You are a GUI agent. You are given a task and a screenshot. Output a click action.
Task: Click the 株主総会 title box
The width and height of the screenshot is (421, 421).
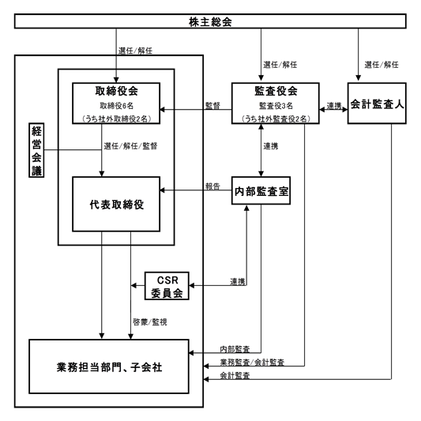pyautogui.click(x=210, y=21)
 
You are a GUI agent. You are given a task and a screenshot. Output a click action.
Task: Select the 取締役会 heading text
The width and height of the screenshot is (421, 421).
pyautogui.click(x=117, y=91)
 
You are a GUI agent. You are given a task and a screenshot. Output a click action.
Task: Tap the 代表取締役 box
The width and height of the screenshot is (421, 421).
pyautogui.click(x=116, y=204)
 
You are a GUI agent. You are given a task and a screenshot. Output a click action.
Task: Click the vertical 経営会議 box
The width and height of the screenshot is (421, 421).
pyautogui.click(x=36, y=150)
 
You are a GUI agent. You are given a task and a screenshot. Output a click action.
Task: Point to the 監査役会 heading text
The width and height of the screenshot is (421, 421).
pyautogui.click(x=276, y=91)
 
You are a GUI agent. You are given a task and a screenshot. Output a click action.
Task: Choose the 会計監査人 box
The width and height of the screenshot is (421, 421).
pyautogui.click(x=377, y=103)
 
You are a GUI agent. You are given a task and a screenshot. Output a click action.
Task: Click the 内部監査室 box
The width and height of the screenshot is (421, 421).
pyautogui.click(x=261, y=190)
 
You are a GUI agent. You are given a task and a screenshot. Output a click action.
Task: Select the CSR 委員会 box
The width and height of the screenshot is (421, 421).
pyautogui.click(x=167, y=286)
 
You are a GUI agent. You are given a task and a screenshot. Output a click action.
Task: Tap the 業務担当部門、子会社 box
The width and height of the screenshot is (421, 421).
pyautogui.click(x=109, y=366)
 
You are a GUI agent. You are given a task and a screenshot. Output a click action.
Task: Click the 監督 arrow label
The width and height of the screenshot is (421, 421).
pyautogui.click(x=212, y=106)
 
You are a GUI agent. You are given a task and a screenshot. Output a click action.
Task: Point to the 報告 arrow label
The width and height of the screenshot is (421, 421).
pyautogui.click(x=212, y=186)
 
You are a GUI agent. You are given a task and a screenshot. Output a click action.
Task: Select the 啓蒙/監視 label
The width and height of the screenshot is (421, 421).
pyautogui.click(x=150, y=322)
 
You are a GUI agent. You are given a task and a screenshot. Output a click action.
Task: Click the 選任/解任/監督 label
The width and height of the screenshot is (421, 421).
pyautogui.click(x=130, y=146)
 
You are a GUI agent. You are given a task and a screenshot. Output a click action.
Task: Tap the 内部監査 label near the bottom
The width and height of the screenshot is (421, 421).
pyautogui.click(x=235, y=349)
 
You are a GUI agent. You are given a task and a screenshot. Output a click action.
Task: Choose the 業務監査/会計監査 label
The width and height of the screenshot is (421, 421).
pyautogui.click(x=252, y=363)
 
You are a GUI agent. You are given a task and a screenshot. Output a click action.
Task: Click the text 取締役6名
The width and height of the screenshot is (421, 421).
pyautogui.click(x=117, y=106)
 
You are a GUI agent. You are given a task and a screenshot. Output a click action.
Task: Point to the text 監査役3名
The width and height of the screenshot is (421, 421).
pyautogui.click(x=276, y=106)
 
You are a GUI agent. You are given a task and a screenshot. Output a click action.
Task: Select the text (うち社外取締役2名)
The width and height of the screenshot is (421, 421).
pyautogui.click(x=117, y=118)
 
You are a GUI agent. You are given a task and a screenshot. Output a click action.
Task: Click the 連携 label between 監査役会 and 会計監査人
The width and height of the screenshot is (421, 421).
pyautogui.click(x=334, y=106)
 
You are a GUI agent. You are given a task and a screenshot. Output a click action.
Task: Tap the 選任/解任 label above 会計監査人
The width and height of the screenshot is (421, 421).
pyautogui.click(x=382, y=65)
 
